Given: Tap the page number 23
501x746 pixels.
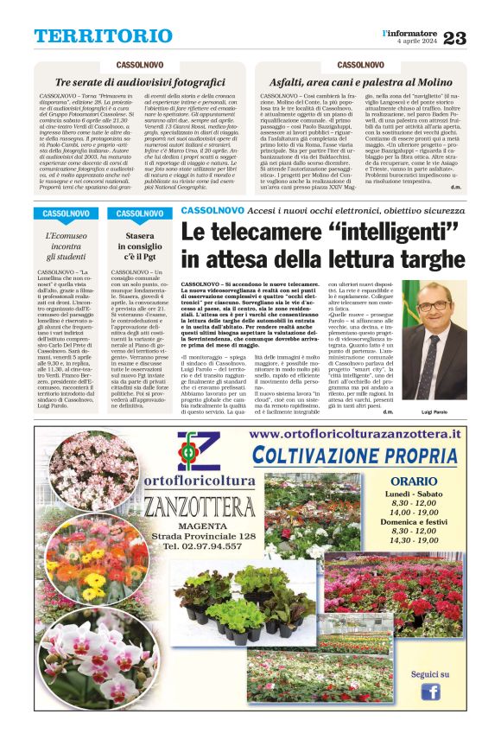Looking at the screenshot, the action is [x=478, y=37].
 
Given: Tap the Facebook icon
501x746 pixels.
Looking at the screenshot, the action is [x=429, y=691].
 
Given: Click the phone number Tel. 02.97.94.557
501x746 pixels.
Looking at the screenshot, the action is [x=204, y=546].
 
